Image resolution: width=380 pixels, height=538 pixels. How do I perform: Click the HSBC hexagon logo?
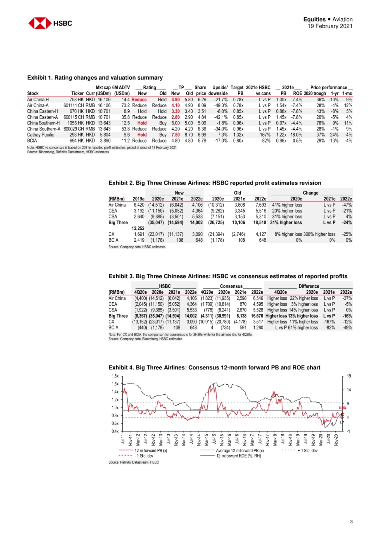click(40, 23)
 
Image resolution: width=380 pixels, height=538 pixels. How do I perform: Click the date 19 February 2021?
click(330, 26)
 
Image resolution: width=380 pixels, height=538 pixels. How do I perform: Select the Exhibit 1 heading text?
click(95, 78)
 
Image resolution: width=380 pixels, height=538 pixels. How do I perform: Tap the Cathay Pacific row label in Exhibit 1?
click(40, 135)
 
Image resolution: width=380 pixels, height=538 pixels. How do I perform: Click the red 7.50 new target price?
click(176, 135)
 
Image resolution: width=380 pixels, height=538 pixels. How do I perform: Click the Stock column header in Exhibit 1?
click(33, 93)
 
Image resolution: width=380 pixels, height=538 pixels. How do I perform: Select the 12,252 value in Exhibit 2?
click(138, 229)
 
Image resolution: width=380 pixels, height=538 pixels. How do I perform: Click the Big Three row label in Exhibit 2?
click(118, 223)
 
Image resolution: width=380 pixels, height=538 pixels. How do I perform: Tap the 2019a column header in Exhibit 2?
click(138, 199)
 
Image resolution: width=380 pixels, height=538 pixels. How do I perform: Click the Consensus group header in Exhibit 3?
click(231, 286)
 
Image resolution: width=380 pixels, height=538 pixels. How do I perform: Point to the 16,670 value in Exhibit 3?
click(257, 316)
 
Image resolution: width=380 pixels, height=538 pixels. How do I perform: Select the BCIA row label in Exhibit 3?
click(113, 327)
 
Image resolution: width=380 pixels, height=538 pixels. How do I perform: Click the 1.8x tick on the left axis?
click(115, 376)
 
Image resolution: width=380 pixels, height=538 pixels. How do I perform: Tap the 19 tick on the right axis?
click(349, 376)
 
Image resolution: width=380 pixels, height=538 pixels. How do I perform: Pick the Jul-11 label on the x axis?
click(123, 439)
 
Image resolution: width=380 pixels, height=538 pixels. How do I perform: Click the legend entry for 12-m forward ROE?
click(238, 456)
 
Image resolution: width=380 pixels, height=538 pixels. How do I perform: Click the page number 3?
click(351, 522)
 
